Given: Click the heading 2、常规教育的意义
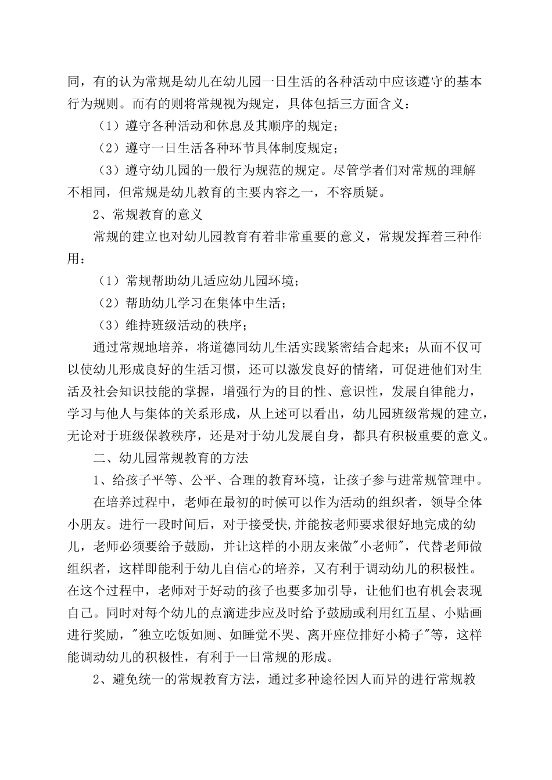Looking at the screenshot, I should [148, 215].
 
